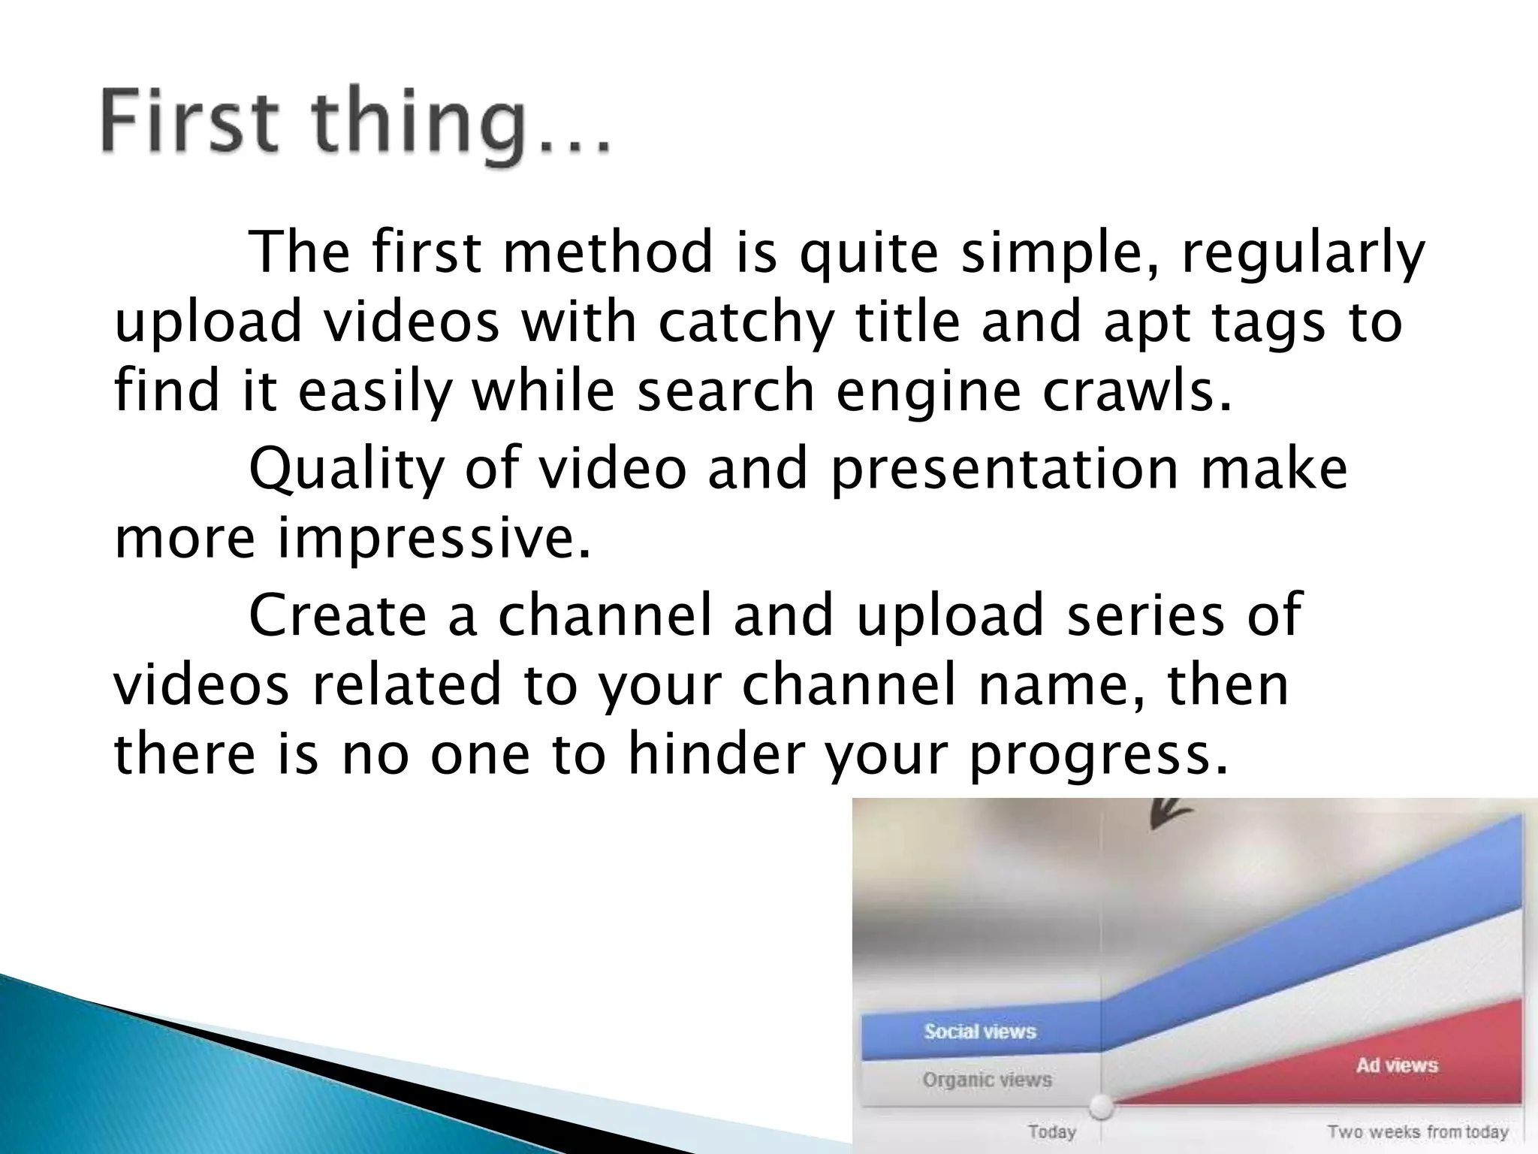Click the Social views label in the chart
[x=980, y=1032]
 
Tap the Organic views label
[x=987, y=1080]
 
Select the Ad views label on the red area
[x=1396, y=1065]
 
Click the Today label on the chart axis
[x=1052, y=1131]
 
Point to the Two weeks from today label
[x=1417, y=1131]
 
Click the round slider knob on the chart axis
[x=1101, y=1106]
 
